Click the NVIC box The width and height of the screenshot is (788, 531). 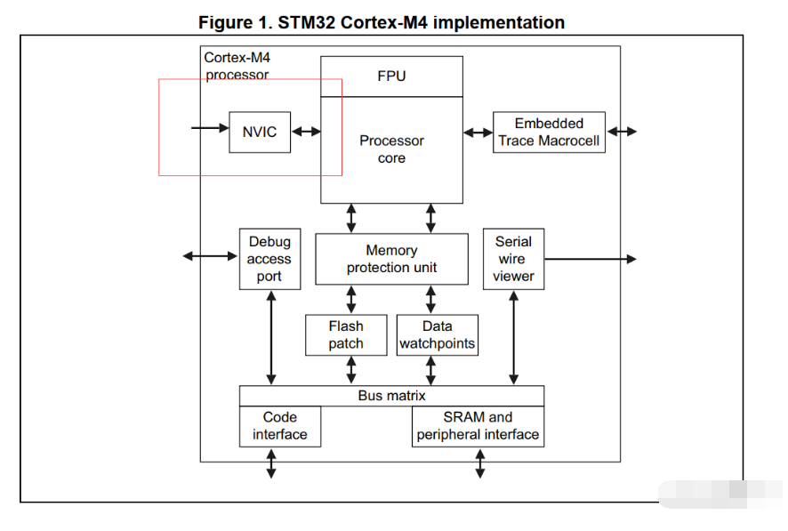coord(260,133)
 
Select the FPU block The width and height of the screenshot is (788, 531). coord(391,76)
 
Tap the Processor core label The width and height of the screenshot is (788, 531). coord(391,149)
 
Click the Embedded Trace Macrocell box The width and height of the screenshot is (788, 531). coord(549,133)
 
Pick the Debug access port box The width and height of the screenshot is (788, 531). coord(269,259)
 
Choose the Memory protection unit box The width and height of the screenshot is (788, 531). coord(391,259)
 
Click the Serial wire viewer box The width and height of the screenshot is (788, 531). coord(513,259)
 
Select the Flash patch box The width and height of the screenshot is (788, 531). coord(346,335)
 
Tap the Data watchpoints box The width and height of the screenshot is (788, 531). coord(438,335)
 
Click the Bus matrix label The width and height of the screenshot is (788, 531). coord(391,396)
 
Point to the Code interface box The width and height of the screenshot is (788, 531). coord(280,427)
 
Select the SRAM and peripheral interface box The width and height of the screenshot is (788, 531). coord(478,427)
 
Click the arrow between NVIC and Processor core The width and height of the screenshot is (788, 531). coord(306,132)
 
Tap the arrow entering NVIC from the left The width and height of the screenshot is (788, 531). coord(210,128)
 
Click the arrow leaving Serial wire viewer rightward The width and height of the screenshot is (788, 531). coord(591,259)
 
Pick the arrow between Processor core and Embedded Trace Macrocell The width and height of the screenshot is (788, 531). coord(478,133)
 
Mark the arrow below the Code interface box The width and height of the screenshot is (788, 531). coord(271,463)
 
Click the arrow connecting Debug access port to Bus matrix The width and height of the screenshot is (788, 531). coord(271,338)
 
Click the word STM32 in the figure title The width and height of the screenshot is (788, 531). coord(307,22)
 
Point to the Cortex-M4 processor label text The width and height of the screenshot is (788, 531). coord(237,67)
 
